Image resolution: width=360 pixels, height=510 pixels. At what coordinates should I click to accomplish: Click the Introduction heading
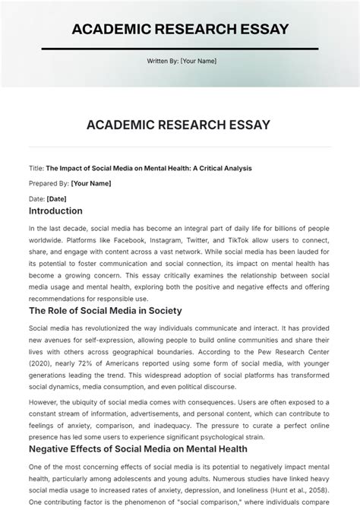click(x=55, y=211)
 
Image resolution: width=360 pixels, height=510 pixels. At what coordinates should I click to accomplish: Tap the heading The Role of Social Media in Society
click(x=105, y=311)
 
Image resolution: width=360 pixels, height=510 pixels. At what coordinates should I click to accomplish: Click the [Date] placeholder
click(x=56, y=198)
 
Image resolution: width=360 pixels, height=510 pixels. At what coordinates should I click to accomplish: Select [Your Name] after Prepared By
click(x=90, y=183)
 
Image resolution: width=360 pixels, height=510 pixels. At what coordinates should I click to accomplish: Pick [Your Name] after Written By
click(x=198, y=61)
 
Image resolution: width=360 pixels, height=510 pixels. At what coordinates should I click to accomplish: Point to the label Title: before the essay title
click(x=36, y=168)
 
